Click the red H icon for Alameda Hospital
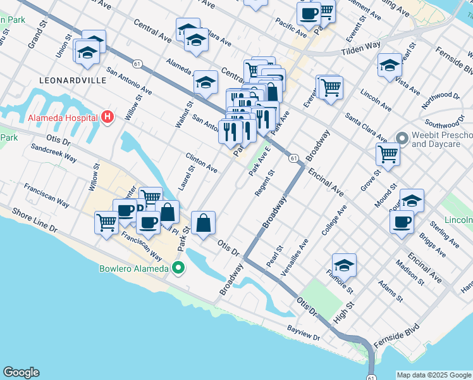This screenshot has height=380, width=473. tap(107, 117)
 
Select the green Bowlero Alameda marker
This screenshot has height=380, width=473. tap(178, 269)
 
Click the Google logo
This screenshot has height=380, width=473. tap(21, 372)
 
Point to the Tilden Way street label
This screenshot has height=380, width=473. tap(362, 51)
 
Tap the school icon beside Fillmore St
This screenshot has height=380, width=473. tap(344, 264)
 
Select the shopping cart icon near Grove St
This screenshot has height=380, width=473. tap(387, 153)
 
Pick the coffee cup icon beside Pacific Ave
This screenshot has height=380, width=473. tap(309, 13)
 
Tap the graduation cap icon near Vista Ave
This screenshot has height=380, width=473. tap(390, 65)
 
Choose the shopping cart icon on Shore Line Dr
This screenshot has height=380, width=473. tap(106, 222)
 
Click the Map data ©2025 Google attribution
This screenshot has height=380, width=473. tap(434, 375)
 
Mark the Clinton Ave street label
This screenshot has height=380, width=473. tap(202, 163)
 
